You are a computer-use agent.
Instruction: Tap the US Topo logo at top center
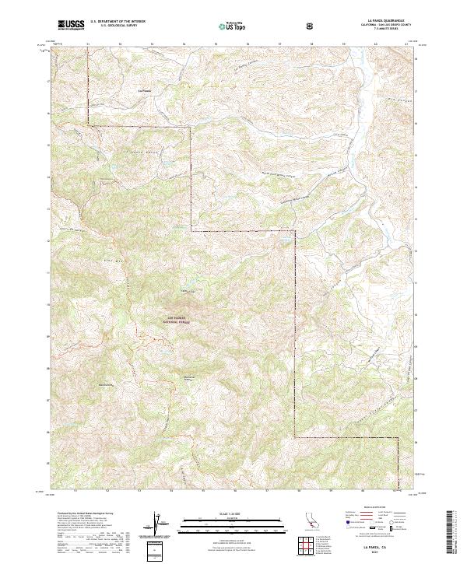click(234, 26)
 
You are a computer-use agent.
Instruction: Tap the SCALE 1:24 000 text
click(233, 514)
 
